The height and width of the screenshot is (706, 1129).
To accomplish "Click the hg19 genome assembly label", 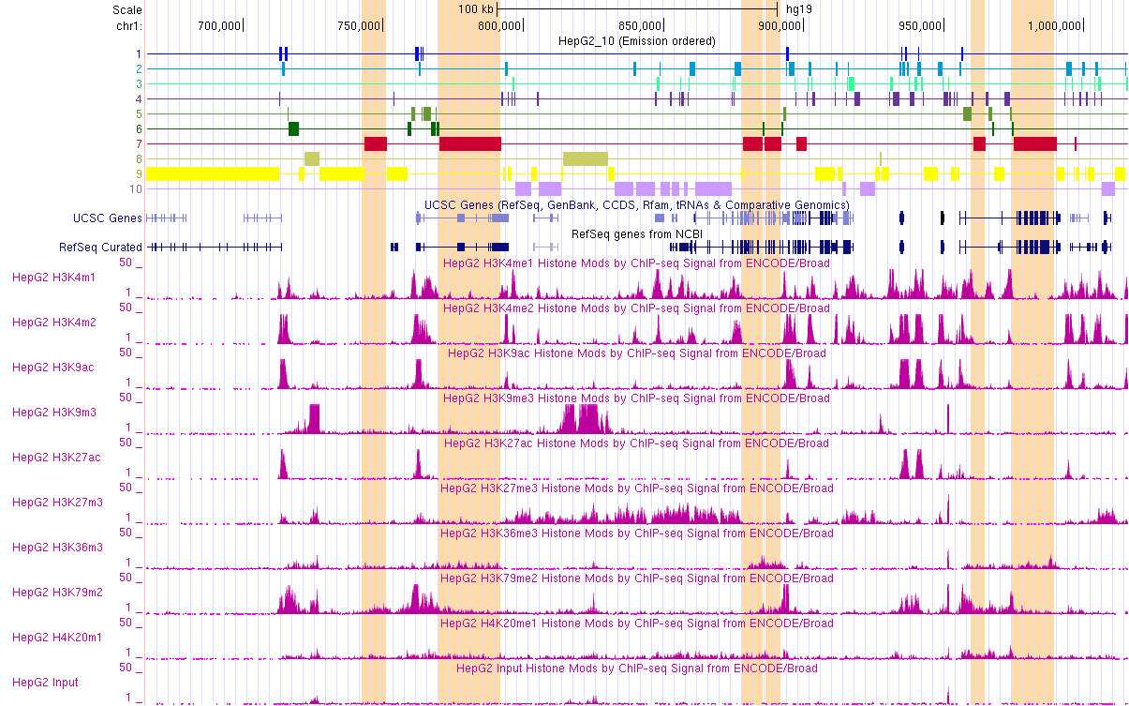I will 799,8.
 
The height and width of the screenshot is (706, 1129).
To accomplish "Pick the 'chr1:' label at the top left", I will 128,25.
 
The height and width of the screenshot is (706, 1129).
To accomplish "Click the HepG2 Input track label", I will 45,683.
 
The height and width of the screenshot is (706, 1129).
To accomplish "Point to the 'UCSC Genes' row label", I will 108,218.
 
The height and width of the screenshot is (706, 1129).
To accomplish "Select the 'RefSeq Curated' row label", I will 100,248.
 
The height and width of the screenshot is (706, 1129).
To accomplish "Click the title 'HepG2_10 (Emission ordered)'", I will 636,41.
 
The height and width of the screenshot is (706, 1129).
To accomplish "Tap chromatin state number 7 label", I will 138,144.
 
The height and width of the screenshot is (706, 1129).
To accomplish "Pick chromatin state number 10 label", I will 136,189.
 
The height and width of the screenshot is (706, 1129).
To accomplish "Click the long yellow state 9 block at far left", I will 212,173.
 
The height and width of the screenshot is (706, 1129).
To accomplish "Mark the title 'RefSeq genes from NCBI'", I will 636,233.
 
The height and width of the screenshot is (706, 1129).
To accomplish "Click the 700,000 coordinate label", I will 219,25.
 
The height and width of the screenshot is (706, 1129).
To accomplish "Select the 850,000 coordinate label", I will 641,25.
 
